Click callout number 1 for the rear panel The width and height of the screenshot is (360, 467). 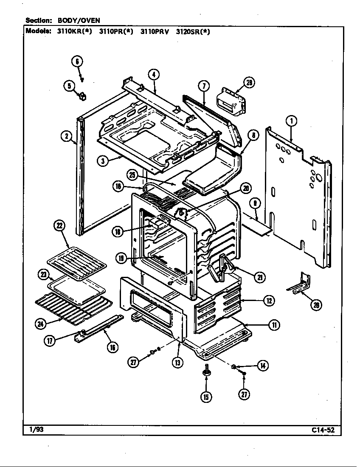point(291,121)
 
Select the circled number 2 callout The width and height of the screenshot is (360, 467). point(66,136)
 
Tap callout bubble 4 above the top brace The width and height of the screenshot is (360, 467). point(153,75)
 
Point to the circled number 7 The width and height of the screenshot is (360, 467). point(204,86)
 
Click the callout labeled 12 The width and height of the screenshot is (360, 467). point(268,301)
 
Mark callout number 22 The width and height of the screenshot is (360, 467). point(59,226)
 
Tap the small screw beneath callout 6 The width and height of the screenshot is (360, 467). point(82,79)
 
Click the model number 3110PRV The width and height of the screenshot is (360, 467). point(155,31)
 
